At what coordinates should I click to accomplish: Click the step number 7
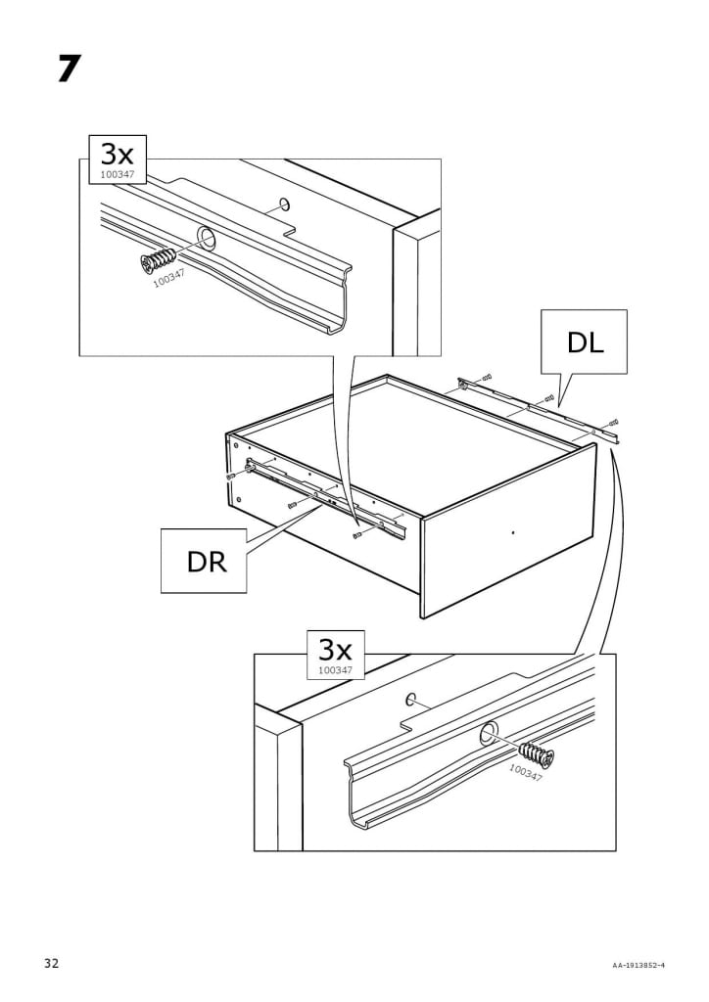[x=68, y=68]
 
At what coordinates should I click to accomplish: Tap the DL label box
[x=586, y=342]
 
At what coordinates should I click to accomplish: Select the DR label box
[x=205, y=562]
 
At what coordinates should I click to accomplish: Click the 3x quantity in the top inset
[x=118, y=153]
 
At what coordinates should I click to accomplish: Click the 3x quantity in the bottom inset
[x=335, y=649]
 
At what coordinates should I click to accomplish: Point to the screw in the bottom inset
[x=536, y=754]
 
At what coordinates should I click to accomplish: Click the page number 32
[x=51, y=964]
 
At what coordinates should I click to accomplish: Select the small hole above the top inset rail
[x=284, y=205]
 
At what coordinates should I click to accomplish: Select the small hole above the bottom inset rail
[x=412, y=700]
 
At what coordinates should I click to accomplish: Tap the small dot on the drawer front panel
[x=513, y=533]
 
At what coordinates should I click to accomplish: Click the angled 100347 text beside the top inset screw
[x=168, y=279]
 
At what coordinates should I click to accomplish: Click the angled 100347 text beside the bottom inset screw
[x=526, y=773]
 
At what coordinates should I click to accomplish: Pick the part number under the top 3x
[x=117, y=175]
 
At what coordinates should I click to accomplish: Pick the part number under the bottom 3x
[x=335, y=670]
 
